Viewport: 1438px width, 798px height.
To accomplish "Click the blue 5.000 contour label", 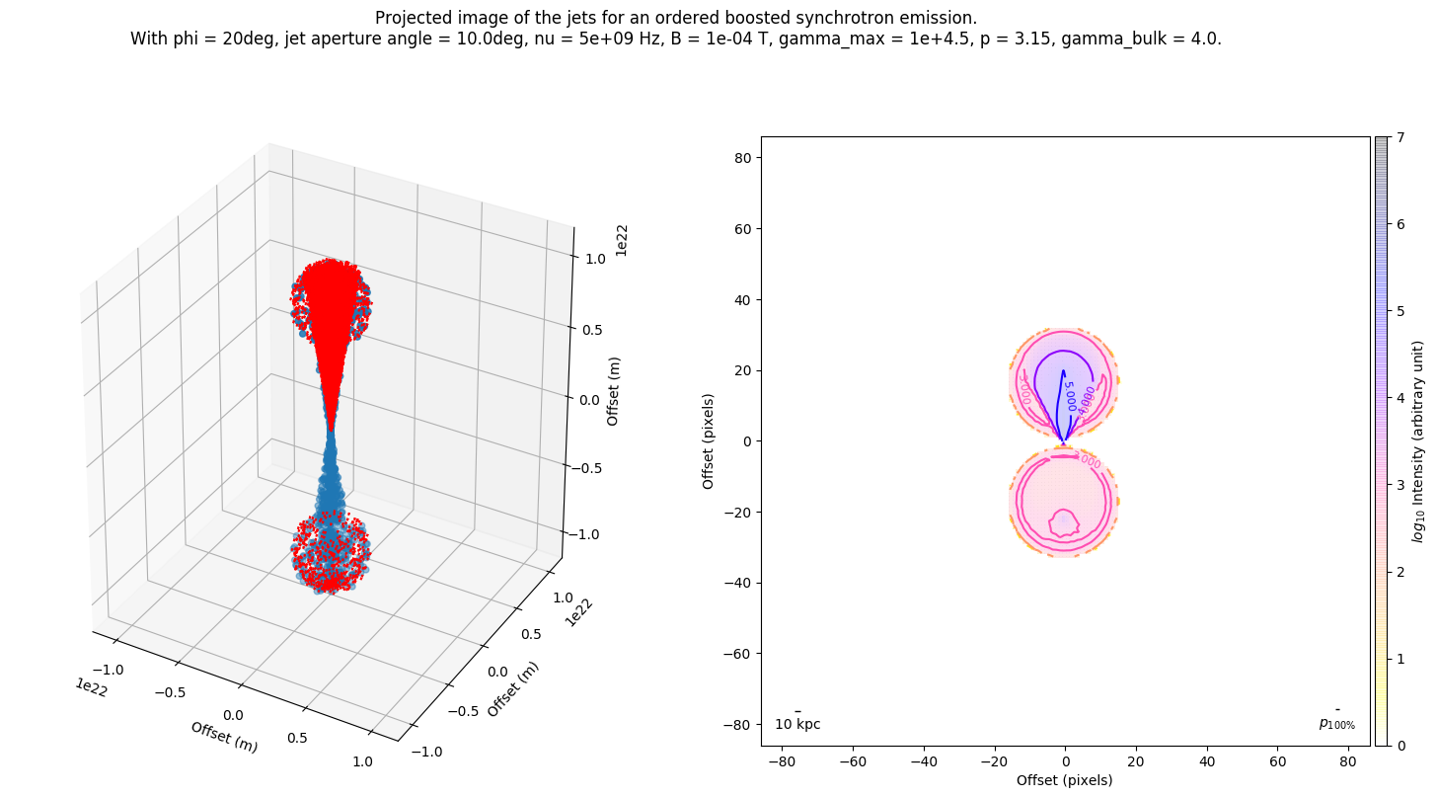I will (1068, 395).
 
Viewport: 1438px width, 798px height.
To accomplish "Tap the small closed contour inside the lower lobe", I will (1063, 523).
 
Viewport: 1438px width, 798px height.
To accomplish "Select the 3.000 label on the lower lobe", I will (1086, 461).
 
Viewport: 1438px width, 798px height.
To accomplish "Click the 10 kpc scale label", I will (797, 724).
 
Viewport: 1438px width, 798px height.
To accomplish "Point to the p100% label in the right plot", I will (1336, 724).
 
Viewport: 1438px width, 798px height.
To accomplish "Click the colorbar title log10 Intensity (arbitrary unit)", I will (1418, 440).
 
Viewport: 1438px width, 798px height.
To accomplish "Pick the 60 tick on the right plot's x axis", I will (1278, 761).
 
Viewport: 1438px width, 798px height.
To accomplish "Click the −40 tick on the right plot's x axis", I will (924, 761).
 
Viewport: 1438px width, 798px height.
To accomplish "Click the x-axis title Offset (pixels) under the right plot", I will (1065, 780).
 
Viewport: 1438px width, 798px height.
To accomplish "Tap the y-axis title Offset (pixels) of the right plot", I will (708, 440).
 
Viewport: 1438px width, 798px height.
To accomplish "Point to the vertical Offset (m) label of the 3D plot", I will (613, 391).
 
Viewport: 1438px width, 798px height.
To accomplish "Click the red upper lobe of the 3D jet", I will (330, 296).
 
